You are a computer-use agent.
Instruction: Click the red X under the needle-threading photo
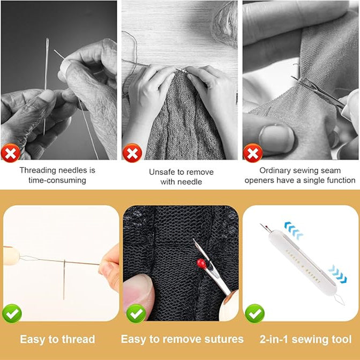10,153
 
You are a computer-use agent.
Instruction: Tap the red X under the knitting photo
132,153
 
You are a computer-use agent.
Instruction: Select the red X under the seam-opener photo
253,153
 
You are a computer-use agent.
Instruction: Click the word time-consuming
57,181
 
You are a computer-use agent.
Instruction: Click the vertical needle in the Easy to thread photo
64,279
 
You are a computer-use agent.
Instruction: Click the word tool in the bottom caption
341,340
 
